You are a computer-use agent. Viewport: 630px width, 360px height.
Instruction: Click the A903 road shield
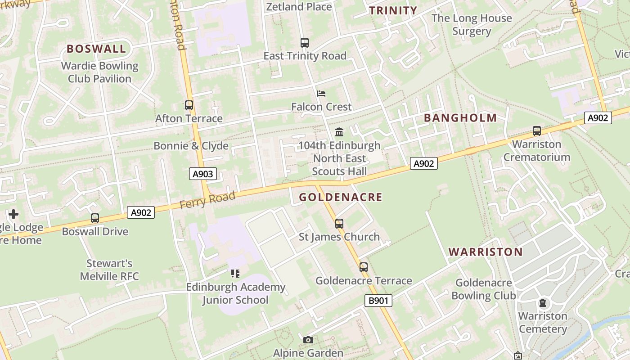point(202,174)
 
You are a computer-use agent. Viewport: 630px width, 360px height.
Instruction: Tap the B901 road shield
point(378,301)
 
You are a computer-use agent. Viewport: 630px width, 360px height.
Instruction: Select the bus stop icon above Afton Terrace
point(189,105)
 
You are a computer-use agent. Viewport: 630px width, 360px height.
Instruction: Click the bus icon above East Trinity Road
point(305,43)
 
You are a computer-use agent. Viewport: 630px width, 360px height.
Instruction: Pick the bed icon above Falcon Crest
point(321,94)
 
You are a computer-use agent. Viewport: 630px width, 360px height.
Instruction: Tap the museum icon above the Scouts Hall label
point(339,132)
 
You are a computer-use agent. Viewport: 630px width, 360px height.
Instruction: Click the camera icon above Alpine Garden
point(308,340)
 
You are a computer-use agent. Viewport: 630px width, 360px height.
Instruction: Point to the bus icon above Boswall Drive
point(95,218)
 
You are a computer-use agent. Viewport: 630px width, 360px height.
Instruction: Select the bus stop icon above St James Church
point(339,223)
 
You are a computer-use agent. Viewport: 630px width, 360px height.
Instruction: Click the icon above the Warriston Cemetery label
point(543,303)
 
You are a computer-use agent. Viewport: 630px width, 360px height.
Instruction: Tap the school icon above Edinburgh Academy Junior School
point(235,273)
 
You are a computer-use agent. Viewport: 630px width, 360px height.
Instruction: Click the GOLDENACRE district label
point(341,197)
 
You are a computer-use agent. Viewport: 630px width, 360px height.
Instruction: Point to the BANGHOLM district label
point(460,118)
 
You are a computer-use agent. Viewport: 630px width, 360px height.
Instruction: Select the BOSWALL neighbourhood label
point(96,49)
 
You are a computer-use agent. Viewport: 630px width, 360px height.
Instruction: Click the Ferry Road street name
point(207,200)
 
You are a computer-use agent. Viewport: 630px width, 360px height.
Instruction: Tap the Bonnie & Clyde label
point(191,146)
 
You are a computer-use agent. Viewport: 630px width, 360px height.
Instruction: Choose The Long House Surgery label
point(472,25)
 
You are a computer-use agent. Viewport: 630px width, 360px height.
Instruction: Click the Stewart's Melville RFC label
point(109,270)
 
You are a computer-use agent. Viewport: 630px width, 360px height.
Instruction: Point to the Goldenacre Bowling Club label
point(484,289)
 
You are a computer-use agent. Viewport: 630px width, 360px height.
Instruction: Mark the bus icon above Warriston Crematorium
point(537,131)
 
